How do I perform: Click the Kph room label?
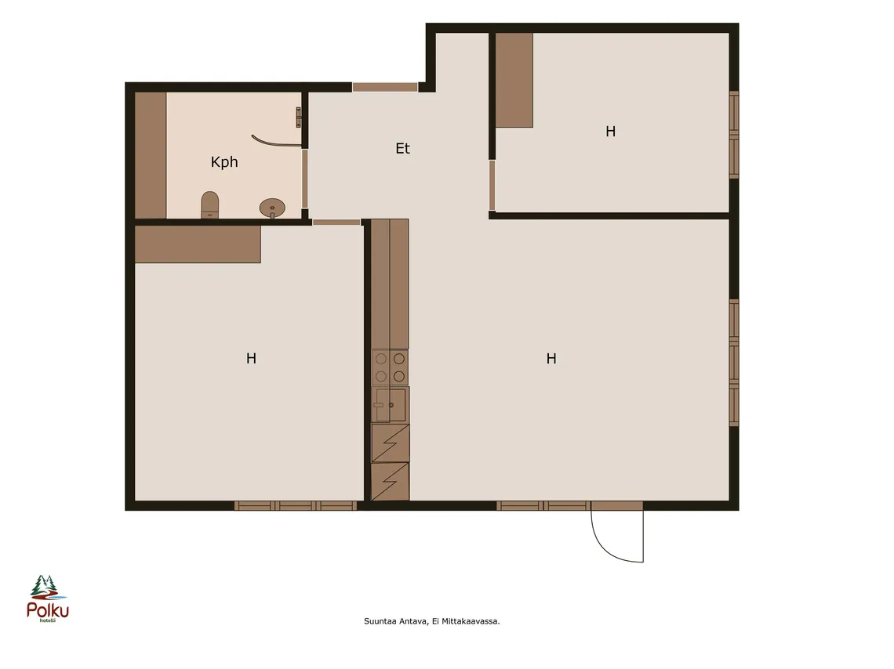coord(224,162)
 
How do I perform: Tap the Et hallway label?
coord(402,149)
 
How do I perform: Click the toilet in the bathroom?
coord(210,205)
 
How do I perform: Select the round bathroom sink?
coord(272,208)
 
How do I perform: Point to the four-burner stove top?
coord(390,367)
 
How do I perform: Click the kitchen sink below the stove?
coord(390,404)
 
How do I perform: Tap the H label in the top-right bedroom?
coord(611,132)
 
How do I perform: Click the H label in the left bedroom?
coord(251,358)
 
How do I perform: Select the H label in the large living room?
coord(551,358)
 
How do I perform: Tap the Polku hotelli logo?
coord(47,598)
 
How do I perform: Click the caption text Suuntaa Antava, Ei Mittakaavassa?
coord(431,621)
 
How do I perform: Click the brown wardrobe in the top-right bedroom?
coord(514,80)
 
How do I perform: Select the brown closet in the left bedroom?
coord(198,244)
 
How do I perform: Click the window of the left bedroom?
coord(296,505)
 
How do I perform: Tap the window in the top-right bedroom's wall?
coord(734,135)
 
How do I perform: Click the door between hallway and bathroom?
coord(305,179)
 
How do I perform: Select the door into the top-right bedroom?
coord(492,185)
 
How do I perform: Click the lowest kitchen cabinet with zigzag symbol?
coord(390,482)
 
